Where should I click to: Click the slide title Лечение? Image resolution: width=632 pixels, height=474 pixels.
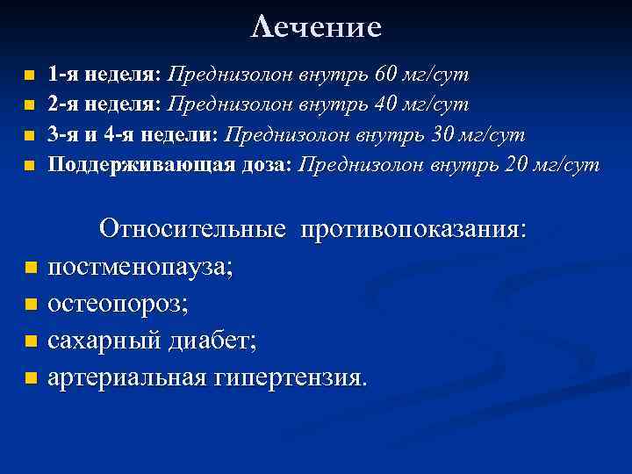click(x=316, y=27)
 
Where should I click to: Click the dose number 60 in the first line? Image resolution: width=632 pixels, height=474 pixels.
click(x=387, y=74)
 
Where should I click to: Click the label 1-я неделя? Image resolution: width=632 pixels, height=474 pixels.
click(x=104, y=74)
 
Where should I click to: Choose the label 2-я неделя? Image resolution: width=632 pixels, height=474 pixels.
click(x=104, y=104)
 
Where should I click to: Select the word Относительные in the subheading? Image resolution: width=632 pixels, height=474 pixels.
click(x=193, y=229)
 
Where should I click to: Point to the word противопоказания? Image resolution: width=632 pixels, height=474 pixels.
click(x=413, y=229)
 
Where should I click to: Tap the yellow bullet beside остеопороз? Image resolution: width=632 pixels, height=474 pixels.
click(x=32, y=305)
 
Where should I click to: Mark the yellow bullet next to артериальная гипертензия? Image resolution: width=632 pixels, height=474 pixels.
click(x=32, y=380)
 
